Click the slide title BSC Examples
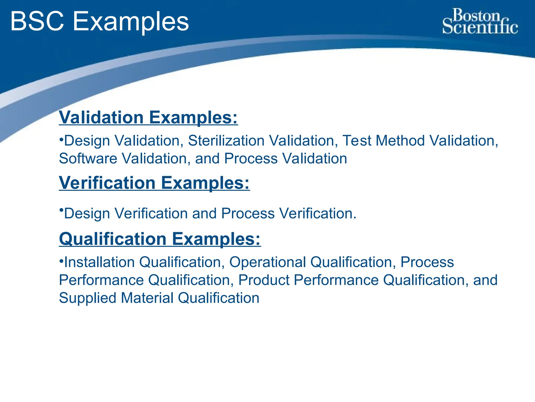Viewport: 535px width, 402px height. point(99,21)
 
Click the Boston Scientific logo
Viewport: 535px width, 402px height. point(480,21)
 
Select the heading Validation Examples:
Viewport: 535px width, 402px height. point(148,117)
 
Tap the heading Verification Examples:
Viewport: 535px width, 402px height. point(154,183)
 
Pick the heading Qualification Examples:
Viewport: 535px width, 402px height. point(160,239)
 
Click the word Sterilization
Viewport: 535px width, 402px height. point(226,141)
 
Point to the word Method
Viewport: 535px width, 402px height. point(400,141)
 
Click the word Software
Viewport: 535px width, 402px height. point(88,159)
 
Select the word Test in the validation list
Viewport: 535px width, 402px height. point(357,141)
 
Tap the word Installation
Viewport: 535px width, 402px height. point(99,262)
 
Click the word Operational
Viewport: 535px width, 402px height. point(267,262)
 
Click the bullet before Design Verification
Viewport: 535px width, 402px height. point(61,210)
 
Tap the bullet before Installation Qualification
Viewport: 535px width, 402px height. point(61,260)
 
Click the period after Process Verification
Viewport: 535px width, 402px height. point(354,218)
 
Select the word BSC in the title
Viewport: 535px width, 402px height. point(37,21)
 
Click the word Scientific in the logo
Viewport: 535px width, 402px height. point(480,27)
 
